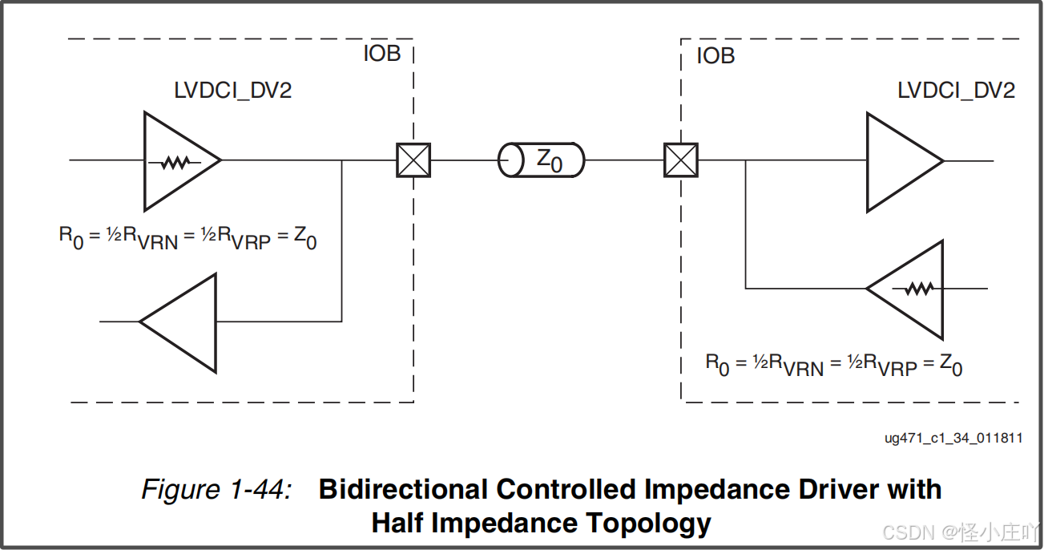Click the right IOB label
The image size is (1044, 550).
click(715, 56)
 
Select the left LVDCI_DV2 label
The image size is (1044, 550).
click(233, 90)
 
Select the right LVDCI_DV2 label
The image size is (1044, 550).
click(956, 90)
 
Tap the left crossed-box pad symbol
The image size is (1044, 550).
click(413, 160)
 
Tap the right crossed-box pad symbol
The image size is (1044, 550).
click(681, 160)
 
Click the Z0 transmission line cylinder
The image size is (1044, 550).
click(542, 160)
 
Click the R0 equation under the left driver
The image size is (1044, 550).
click(187, 238)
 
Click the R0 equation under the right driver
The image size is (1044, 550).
click(833, 365)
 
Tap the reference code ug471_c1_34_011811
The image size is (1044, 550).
click(953, 438)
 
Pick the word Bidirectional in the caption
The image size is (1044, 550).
click(403, 489)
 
